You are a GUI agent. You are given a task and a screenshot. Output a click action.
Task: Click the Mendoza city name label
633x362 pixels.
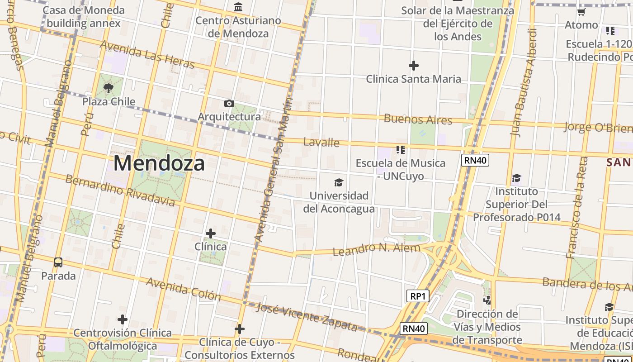[x=159, y=163]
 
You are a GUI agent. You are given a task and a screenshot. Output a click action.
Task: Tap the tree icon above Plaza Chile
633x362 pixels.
[x=109, y=88]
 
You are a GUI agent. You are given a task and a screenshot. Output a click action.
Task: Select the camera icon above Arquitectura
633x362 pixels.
[x=229, y=103]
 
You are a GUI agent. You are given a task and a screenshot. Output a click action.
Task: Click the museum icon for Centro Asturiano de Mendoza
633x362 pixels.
[x=238, y=7]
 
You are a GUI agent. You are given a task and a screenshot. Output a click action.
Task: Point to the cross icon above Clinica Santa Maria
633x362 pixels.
[x=413, y=66]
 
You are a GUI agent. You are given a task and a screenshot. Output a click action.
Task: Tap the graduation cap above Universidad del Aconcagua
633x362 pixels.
[x=338, y=182]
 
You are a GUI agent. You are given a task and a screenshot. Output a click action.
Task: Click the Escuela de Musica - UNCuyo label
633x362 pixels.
[x=401, y=169]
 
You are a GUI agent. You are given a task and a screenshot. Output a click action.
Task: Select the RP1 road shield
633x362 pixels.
[x=417, y=296]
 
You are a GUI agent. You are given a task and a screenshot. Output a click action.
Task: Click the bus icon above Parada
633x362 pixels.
[x=58, y=262]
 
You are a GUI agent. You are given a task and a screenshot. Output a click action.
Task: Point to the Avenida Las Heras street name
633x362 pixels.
[x=147, y=54]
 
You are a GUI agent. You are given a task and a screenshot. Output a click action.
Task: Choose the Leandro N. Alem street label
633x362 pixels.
[x=376, y=249]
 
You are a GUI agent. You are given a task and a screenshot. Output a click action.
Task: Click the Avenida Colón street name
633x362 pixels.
[x=183, y=289]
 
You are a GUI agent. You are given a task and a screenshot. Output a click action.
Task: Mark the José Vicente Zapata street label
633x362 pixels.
[x=307, y=316]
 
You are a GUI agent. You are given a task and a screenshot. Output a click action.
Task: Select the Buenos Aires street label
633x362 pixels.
[x=418, y=119]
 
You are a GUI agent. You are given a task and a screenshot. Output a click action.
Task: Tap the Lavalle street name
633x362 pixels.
[x=321, y=142]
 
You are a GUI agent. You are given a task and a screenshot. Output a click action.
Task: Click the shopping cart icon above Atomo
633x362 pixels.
[x=581, y=12]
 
